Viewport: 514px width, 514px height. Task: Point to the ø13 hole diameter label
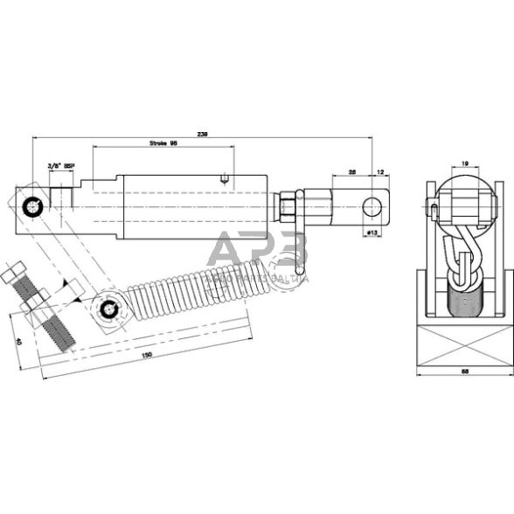tap(371, 233)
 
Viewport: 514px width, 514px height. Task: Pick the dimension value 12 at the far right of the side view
tap(379, 171)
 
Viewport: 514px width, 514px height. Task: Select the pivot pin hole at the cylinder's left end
tap(32, 206)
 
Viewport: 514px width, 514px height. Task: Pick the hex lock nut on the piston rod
tap(288, 208)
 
